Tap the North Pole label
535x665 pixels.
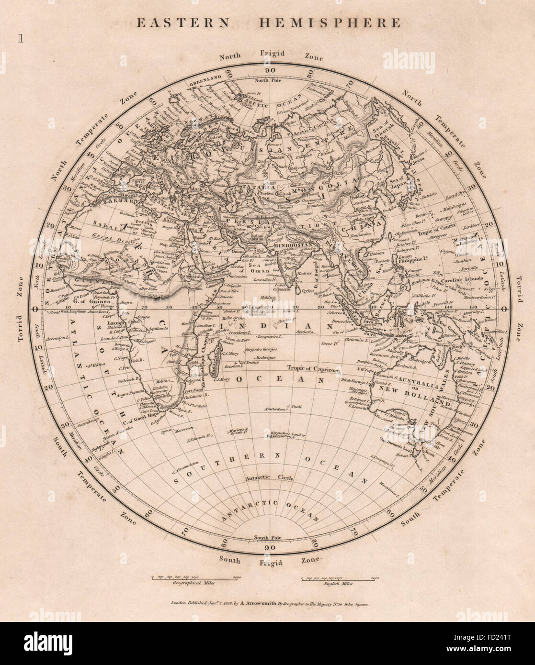coord(270,80)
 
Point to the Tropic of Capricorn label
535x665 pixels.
coord(314,369)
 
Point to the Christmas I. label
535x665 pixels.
coord(355,340)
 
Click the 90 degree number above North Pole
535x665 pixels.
coord(271,70)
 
